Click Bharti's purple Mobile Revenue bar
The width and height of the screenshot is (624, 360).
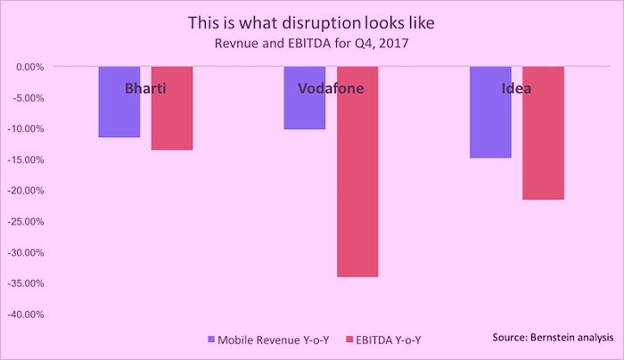tap(119, 102)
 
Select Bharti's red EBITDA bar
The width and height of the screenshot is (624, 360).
tap(172, 108)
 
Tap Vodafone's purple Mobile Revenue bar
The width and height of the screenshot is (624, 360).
tap(305, 98)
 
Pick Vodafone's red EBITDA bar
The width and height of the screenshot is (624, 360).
tap(357, 171)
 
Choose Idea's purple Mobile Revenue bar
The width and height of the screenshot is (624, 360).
tap(490, 112)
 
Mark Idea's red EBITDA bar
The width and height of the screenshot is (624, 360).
tap(543, 133)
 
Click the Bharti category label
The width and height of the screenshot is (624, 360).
tap(145, 88)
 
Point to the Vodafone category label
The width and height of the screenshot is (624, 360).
tap(331, 88)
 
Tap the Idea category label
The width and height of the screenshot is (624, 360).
tap(516, 88)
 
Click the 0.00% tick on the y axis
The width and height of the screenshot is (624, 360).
tap(29, 67)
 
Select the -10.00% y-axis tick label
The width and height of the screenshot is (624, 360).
tap(26, 129)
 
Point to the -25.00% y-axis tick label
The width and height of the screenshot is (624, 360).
tap(26, 222)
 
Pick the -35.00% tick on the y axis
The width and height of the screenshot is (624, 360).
tap(26, 283)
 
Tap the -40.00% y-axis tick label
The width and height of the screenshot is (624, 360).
tap(26, 315)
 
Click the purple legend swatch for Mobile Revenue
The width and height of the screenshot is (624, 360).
tap(211, 340)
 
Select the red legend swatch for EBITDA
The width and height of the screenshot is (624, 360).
tap(349, 340)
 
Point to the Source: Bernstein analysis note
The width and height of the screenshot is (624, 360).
tap(553, 338)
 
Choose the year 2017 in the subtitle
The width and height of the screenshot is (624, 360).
tap(394, 43)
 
